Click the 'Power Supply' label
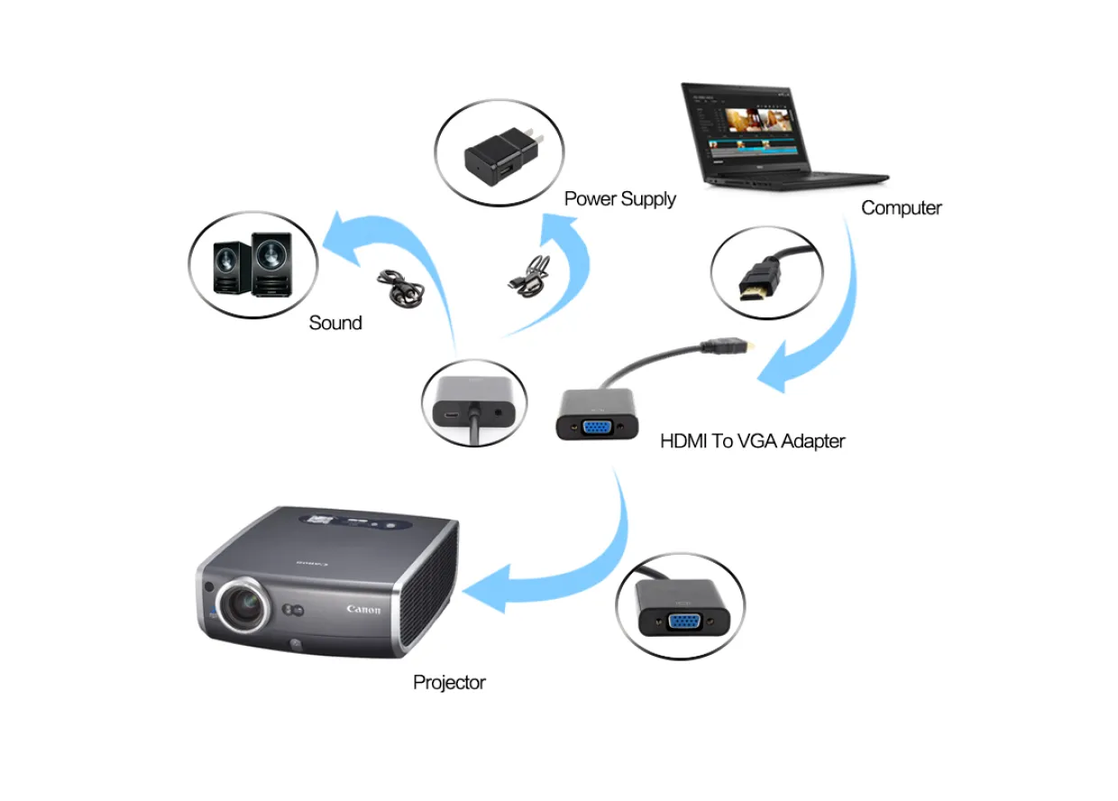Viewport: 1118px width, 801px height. click(620, 198)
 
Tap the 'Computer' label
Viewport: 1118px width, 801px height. click(902, 207)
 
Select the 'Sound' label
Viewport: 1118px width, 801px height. click(335, 323)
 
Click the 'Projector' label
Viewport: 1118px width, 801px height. click(449, 683)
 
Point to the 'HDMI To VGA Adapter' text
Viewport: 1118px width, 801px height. click(753, 441)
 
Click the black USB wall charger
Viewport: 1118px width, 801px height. click(502, 156)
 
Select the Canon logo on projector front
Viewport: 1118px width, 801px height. click(363, 609)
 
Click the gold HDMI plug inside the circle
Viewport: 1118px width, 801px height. click(758, 281)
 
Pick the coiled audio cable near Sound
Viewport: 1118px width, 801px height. click(401, 288)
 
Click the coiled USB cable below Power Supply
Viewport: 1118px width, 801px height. click(530, 276)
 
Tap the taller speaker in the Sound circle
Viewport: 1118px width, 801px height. click(271, 264)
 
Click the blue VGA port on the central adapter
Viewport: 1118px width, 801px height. click(598, 428)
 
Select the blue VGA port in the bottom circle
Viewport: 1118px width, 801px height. click(684, 621)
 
